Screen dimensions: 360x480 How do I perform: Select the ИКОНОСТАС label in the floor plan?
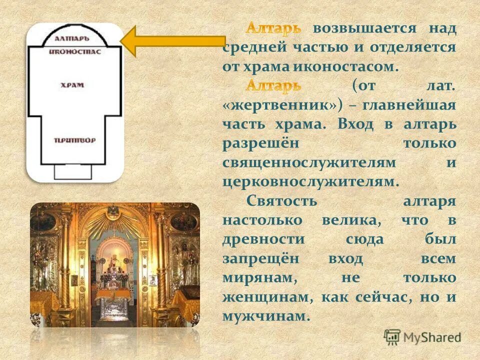point(74,51)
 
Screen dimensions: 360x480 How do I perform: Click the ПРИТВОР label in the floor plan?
point(74,140)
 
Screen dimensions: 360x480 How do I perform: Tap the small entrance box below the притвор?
point(73,171)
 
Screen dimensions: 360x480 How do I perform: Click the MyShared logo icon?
point(392,336)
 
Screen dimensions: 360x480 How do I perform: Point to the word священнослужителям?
point(310,162)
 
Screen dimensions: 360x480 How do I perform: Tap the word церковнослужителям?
point(311,181)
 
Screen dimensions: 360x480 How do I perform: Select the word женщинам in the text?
point(268,297)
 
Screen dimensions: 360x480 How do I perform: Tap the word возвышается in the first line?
point(365,28)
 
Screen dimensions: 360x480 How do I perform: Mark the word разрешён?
point(260,143)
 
